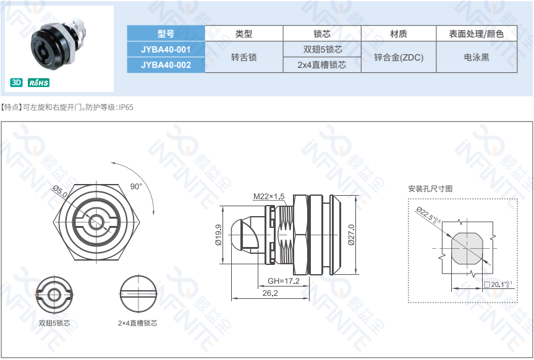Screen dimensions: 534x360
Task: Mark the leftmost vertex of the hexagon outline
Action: [53, 222]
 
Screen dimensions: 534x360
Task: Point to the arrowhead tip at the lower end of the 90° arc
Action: [154, 215]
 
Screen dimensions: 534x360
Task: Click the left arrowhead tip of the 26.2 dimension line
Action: [232, 299]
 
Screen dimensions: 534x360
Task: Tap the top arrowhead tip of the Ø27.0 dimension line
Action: [356, 196]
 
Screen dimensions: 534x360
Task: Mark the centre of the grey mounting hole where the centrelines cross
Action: [467, 248]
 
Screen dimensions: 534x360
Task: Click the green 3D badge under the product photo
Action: [16, 82]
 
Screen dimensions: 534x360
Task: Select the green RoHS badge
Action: [38, 82]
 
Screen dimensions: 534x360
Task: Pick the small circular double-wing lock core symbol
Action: [54, 295]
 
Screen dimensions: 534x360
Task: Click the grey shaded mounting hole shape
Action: [467, 249]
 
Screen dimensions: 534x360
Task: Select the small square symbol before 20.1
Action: [486, 284]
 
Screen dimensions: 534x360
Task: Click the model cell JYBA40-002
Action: [166, 65]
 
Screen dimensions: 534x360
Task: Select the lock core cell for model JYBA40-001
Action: [322, 49]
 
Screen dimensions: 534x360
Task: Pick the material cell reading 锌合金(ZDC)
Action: [399, 57]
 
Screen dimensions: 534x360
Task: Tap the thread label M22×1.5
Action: [269, 196]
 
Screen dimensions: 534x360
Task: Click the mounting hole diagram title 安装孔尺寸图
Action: [430, 188]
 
